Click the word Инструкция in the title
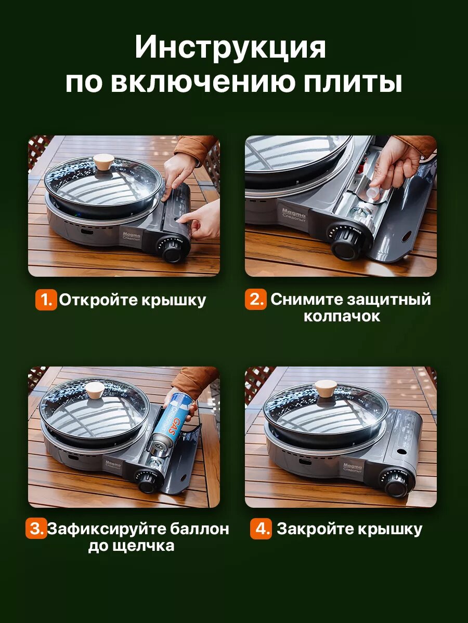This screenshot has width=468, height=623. [x=230, y=48]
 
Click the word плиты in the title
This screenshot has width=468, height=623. [x=353, y=83]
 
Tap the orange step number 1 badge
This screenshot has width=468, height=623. [x=46, y=300]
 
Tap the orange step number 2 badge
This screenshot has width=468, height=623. [x=256, y=299]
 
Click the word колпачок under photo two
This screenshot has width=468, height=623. [x=342, y=317]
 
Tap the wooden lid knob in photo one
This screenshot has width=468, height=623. [x=103, y=162]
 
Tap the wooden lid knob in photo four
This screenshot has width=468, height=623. [x=326, y=390]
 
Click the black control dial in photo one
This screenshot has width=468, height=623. [x=172, y=250]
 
